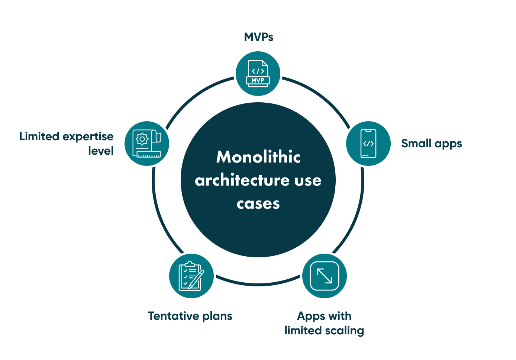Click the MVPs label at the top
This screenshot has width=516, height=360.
(258, 37)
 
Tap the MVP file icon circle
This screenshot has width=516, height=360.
(258, 74)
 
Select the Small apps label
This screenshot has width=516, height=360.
(431, 144)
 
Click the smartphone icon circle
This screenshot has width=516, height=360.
(368, 144)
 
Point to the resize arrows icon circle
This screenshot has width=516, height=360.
(325, 276)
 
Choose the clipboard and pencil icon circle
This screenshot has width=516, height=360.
(191, 276)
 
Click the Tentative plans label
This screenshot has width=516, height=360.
(190, 316)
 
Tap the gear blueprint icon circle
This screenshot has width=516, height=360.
(147, 144)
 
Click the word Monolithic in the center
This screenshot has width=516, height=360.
(258, 157)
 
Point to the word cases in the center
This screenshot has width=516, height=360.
(258, 204)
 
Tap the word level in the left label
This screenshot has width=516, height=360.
(101, 151)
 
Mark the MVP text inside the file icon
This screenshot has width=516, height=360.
(258, 80)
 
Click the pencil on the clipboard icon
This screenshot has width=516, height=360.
(196, 279)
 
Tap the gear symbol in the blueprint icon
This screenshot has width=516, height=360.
(142, 139)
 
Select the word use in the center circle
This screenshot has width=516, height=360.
(308, 180)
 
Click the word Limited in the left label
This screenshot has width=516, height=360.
(39, 136)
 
